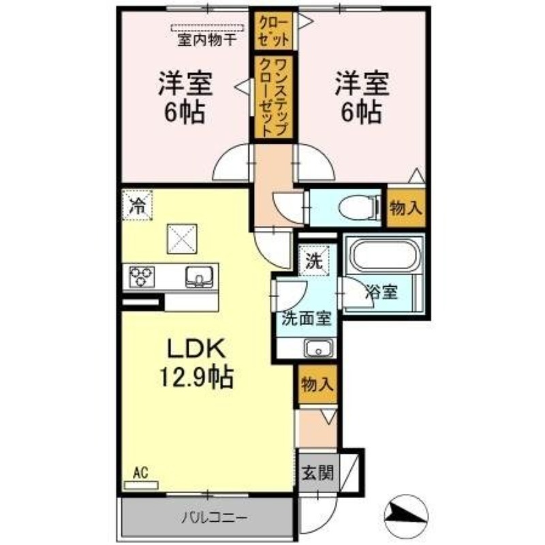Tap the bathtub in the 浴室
[x=384, y=255]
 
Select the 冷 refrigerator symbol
[x=137, y=206]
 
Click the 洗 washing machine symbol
[x=314, y=261]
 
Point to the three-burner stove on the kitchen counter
[x=142, y=277]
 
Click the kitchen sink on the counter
[x=199, y=277]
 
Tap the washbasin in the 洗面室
[x=318, y=348]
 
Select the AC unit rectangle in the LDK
[x=141, y=485]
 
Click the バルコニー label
[x=215, y=518]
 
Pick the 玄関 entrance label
[x=317, y=473]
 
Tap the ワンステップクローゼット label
[x=275, y=97]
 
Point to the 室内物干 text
[x=208, y=40]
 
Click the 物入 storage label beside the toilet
[x=405, y=208]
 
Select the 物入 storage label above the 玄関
[x=317, y=384]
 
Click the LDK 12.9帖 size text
[x=196, y=363]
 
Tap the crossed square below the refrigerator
[x=182, y=239]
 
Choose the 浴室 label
[x=381, y=292]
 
